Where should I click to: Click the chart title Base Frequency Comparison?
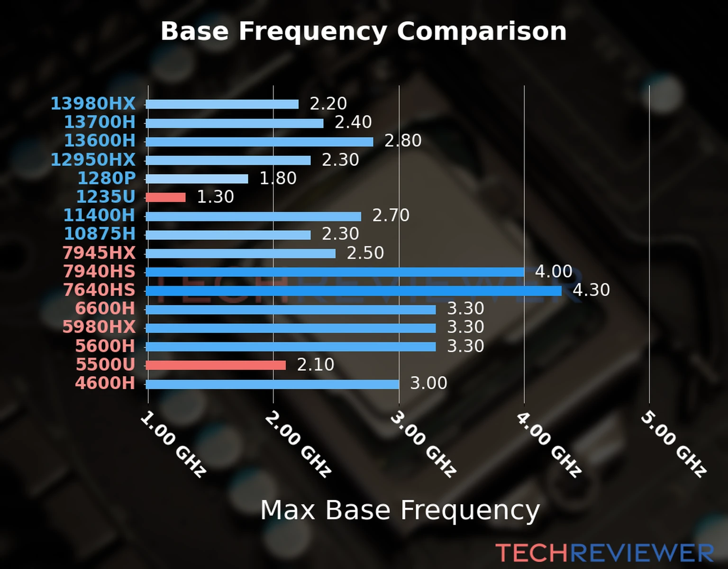click(364, 31)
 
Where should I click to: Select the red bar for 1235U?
click(165, 197)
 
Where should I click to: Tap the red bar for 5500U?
click(216, 365)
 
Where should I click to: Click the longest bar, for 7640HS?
click(353, 291)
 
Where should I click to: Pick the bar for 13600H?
click(259, 141)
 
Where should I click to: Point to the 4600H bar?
click(273, 384)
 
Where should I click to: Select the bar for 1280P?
click(197, 179)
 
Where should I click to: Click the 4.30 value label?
click(591, 290)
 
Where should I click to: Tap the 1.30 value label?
click(215, 197)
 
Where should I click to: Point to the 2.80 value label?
click(403, 141)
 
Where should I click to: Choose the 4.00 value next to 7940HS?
click(554, 271)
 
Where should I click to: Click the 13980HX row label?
click(93, 103)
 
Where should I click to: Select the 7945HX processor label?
click(99, 253)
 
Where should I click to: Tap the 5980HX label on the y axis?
click(99, 327)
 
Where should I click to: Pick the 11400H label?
click(100, 215)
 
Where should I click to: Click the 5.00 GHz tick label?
click(673, 444)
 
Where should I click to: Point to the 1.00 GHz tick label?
click(173, 444)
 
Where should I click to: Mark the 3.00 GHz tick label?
click(423, 444)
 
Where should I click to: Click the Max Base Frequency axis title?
click(400, 510)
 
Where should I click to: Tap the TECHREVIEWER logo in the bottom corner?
click(604, 553)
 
